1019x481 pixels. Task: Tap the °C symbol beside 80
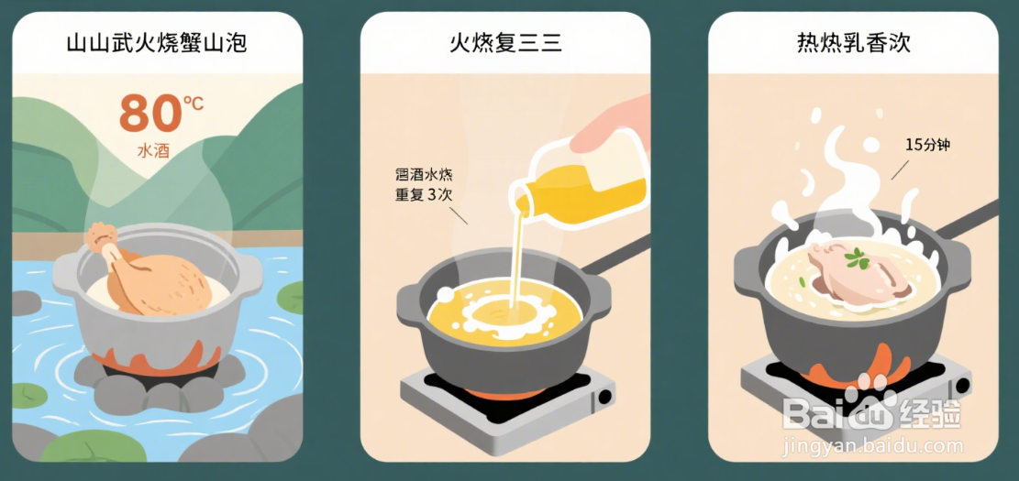point(194,103)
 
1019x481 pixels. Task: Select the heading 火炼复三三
point(504,43)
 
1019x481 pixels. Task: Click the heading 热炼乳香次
point(853,43)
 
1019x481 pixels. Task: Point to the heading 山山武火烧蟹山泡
point(157,43)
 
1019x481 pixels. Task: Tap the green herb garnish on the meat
point(858,259)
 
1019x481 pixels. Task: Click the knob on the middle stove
point(604,399)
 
